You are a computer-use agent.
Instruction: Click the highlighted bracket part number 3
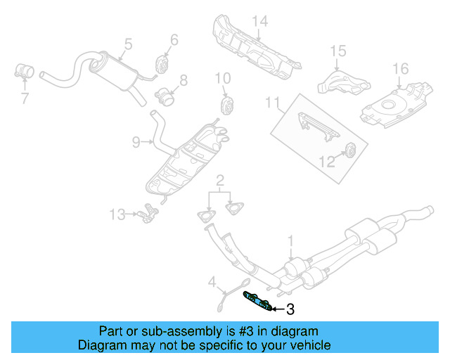(257, 300)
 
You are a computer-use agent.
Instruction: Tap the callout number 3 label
(289, 309)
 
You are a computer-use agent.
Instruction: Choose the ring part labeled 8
(165, 94)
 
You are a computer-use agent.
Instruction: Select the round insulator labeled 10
(227, 105)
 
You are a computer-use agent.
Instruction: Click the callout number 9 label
(136, 143)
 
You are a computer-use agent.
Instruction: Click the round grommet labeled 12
(349, 151)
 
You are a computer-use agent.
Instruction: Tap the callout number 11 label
(272, 104)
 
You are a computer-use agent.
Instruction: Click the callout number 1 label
(290, 242)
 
